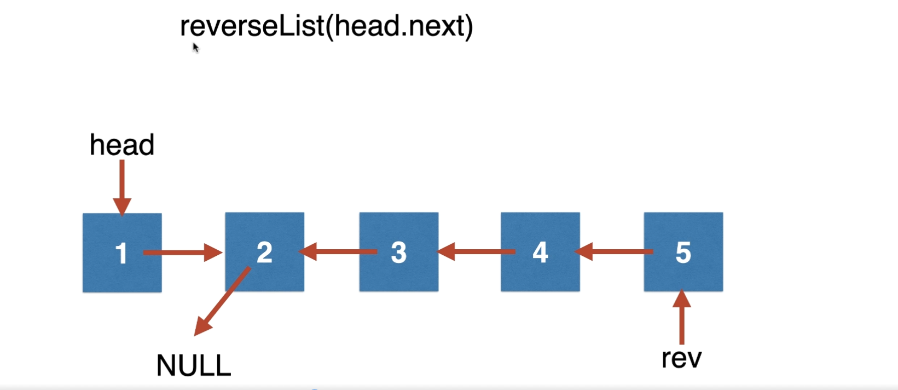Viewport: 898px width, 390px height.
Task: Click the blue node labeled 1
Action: pos(122,253)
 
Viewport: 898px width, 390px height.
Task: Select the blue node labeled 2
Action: pos(265,251)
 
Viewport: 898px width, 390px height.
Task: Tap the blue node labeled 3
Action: pos(399,251)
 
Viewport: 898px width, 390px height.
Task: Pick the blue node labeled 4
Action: pos(541,251)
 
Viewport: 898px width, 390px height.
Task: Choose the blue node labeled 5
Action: pos(683,251)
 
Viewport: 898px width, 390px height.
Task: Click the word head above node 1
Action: pos(122,145)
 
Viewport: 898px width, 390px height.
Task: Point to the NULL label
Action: pos(194,365)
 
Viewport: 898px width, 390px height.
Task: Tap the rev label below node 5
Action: pos(681,358)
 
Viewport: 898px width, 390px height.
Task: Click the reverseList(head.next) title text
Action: pos(327,26)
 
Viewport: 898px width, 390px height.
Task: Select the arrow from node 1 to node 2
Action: pos(183,253)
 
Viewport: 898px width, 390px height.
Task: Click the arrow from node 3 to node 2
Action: pos(338,251)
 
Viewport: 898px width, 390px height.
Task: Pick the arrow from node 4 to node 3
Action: pos(476,251)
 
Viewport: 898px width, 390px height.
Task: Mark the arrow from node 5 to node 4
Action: pos(614,251)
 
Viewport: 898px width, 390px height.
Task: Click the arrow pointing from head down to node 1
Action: pos(122,188)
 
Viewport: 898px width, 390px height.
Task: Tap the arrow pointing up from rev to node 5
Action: pos(682,317)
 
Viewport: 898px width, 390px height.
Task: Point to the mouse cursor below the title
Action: pos(196,48)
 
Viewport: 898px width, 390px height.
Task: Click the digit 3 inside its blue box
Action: pos(399,253)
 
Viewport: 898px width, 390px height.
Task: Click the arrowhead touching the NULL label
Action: pos(202,326)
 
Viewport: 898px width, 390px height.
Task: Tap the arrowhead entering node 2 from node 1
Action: pos(213,253)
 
